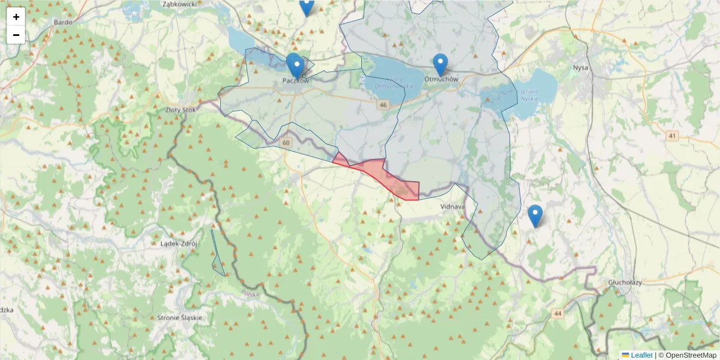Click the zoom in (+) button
(x=16, y=17)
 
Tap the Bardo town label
(x=63, y=22)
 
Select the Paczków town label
(x=295, y=80)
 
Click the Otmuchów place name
(x=441, y=79)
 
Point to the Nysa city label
(x=581, y=67)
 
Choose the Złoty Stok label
(x=181, y=110)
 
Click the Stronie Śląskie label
(x=179, y=317)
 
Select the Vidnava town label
(x=452, y=206)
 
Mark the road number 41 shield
(x=671, y=136)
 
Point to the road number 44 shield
(x=559, y=313)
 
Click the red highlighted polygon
(x=384, y=175)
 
